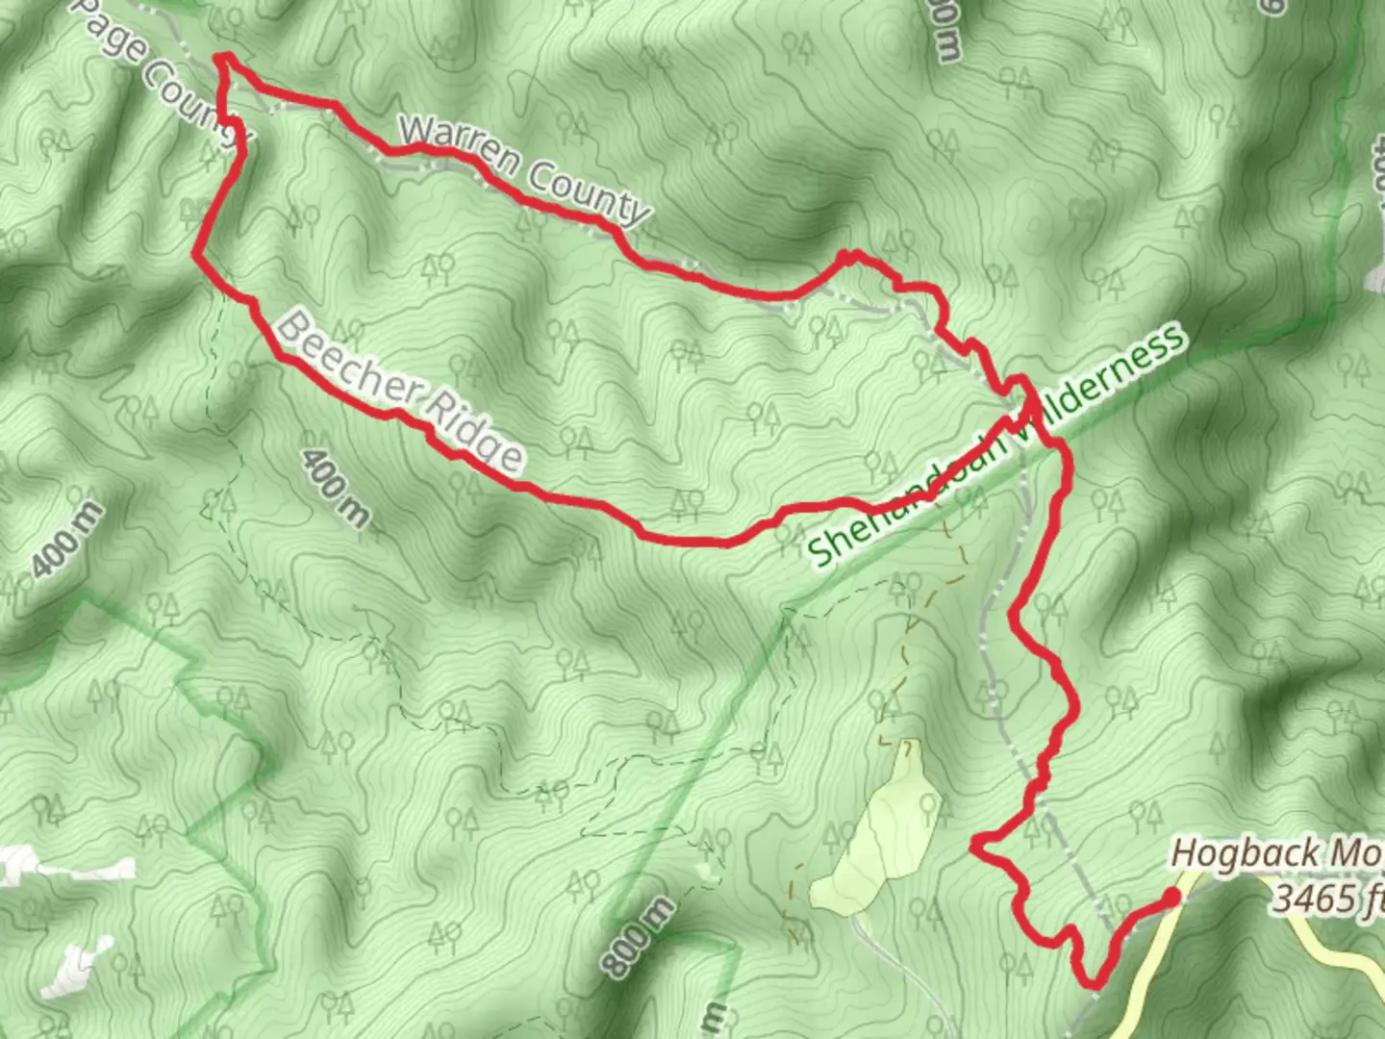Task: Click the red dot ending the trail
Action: click(x=1171, y=898)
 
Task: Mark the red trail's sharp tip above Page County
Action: click(x=225, y=60)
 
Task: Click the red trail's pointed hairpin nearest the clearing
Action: click(x=975, y=847)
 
